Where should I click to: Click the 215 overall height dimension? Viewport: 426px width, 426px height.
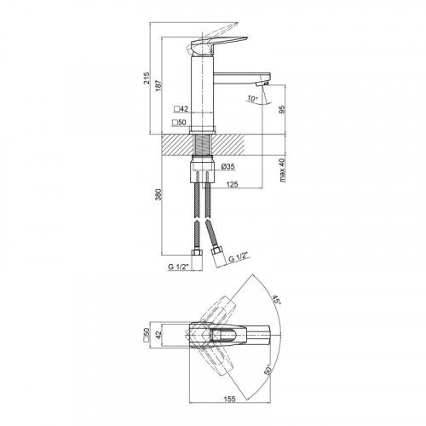point(147,78)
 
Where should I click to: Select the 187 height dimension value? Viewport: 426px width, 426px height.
point(158,85)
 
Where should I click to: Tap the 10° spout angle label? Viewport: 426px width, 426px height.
point(252,99)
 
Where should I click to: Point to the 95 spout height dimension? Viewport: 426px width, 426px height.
point(282,109)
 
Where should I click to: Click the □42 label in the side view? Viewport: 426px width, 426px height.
point(181,109)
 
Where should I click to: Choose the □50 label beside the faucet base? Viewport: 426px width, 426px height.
point(179,123)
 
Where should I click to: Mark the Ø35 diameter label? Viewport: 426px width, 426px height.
point(227,166)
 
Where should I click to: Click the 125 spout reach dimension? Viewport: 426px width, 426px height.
point(232,185)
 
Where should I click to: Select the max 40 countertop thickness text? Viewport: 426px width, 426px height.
point(282,170)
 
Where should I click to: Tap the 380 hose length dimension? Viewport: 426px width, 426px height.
point(158,194)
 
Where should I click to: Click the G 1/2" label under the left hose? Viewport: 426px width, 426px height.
point(179,267)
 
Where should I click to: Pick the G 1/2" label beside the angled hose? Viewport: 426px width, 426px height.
point(239,257)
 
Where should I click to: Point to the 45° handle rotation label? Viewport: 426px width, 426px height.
point(276,300)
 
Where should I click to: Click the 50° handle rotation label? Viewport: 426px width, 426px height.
point(268,370)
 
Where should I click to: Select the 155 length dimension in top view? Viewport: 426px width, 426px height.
point(229,399)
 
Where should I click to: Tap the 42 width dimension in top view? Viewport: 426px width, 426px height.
point(158,334)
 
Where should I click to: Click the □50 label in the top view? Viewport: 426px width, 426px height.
point(147,335)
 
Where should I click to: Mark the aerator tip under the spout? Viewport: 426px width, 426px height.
point(262,83)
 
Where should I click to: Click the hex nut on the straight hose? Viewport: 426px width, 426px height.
point(197,253)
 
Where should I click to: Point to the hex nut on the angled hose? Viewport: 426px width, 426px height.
point(216,251)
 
